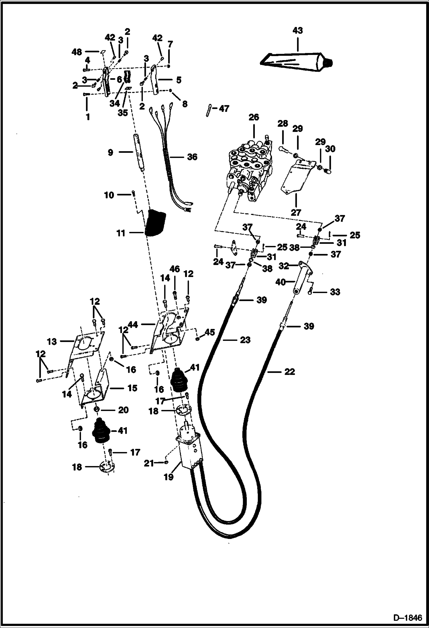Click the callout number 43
298,30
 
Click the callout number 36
192,157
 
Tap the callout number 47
224,109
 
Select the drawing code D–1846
408,617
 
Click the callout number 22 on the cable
289,372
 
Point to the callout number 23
245,340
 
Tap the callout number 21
149,463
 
